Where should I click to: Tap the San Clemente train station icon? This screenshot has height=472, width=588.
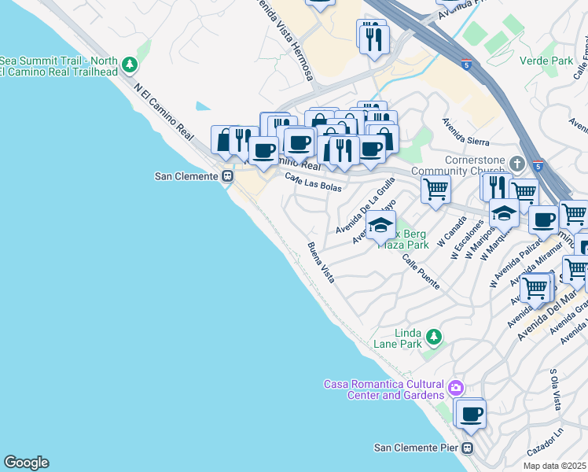coord(227,177)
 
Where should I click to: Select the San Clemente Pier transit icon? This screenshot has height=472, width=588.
coord(467,448)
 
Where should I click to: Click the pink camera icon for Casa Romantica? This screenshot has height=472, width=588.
coord(455,388)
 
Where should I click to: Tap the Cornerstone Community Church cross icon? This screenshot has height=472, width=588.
coord(516,164)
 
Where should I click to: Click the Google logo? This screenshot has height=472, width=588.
coord(26,463)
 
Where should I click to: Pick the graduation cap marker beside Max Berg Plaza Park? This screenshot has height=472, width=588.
coord(381,225)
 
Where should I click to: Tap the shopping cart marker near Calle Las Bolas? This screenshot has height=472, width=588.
coord(435,188)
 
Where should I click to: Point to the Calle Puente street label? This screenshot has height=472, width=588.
coord(421,271)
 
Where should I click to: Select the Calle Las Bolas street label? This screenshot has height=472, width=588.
coord(313,182)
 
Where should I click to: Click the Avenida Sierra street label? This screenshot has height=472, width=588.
coord(465,132)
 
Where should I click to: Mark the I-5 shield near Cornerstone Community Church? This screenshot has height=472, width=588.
coord(538,166)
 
